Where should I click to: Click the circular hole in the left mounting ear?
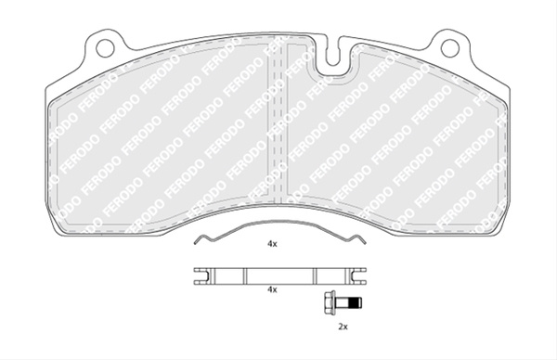105,47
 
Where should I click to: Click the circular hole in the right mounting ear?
450,47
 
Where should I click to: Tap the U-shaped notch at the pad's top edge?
332,53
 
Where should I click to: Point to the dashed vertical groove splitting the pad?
278,121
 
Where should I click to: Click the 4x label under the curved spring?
272,244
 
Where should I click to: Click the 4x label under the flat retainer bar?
272,289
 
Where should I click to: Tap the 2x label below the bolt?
343,327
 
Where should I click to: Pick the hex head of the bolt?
329,302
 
